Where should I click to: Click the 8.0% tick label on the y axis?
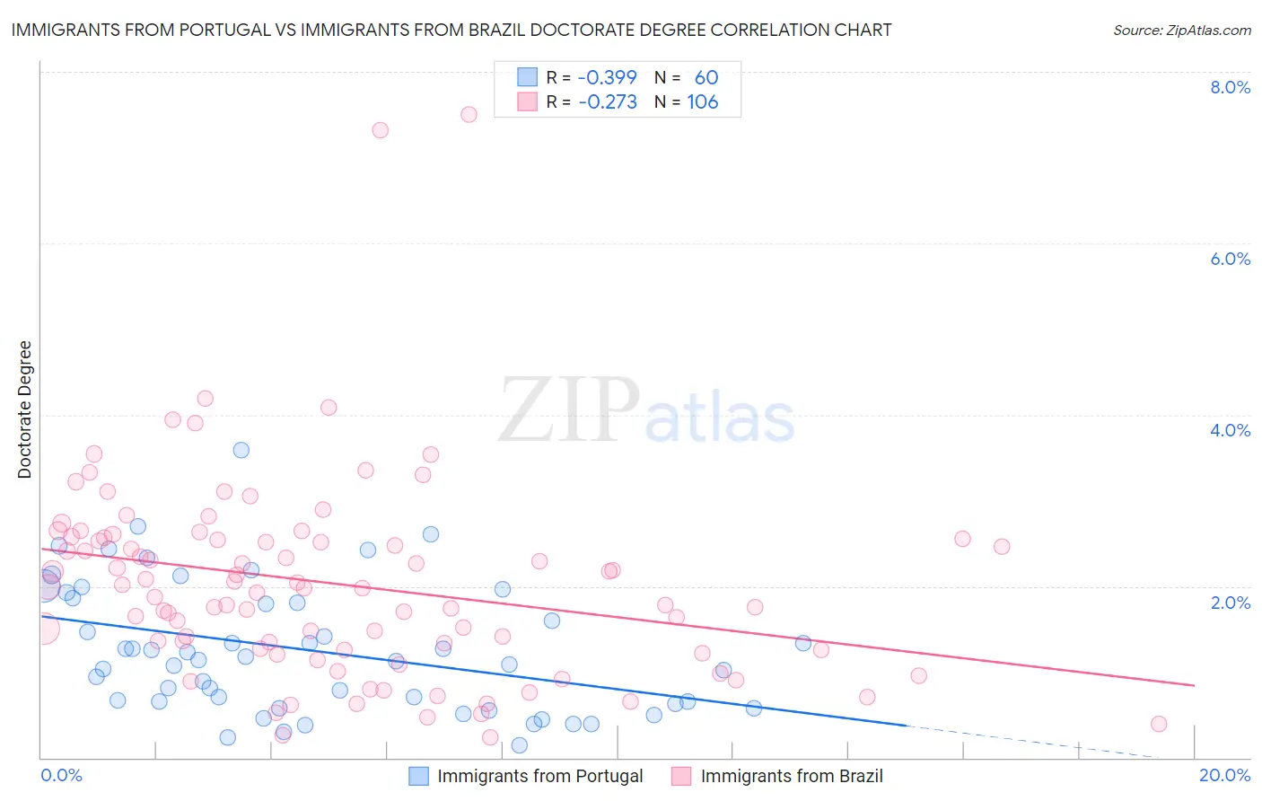[x=1230, y=87]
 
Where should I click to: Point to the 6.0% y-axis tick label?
[x=1230, y=259]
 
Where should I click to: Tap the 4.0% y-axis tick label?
[x=1230, y=430]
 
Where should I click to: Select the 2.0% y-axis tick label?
[x=1230, y=603]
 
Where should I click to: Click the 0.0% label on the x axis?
[x=61, y=775]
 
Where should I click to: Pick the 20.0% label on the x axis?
[x=1224, y=775]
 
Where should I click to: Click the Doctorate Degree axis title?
[x=25, y=409]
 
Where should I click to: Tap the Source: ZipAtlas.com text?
[x=1181, y=30]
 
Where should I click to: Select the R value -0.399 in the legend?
[x=607, y=77]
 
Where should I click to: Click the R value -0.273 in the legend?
[x=607, y=101]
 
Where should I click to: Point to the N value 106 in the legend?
[x=702, y=101]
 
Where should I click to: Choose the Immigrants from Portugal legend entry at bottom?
[x=526, y=776]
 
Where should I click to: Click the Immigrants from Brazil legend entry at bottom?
[x=777, y=776]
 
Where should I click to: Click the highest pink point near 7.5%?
[x=469, y=114]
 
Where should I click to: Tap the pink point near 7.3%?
[x=380, y=130]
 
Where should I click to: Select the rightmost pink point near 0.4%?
[x=1159, y=724]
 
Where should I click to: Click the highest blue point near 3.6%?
[x=241, y=450]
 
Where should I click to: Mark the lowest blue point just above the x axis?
[x=519, y=745]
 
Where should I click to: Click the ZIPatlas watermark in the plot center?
[x=646, y=411]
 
